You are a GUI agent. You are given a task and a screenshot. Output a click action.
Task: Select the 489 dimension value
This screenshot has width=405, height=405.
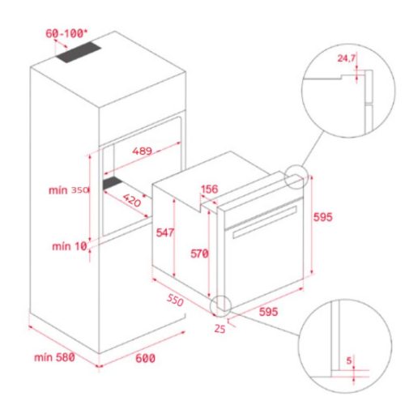(143, 151)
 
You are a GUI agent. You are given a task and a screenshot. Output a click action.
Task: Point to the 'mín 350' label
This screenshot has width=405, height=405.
(66, 190)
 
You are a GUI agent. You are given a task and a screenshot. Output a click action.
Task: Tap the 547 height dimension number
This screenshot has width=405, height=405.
(164, 232)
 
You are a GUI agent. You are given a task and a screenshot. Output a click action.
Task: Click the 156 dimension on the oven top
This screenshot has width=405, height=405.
(209, 190)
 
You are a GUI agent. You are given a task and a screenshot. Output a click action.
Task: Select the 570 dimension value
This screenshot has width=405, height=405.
(199, 254)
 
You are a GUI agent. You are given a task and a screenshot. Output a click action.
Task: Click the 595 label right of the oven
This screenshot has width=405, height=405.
(324, 217)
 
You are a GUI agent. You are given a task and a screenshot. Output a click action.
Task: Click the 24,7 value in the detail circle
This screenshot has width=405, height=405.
(347, 58)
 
